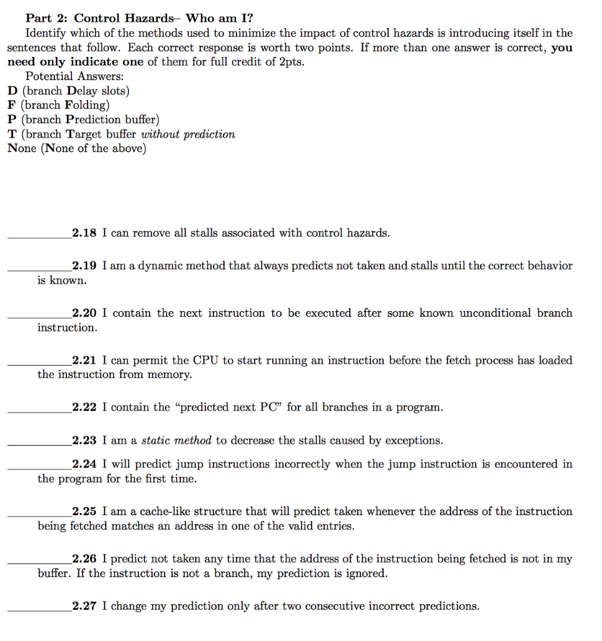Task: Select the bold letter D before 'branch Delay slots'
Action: (x=13, y=91)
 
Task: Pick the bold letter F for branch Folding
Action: (x=12, y=105)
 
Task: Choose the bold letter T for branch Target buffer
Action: (x=13, y=134)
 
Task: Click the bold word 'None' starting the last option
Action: (x=22, y=148)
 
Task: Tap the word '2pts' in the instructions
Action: (x=291, y=62)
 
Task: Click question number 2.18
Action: (x=84, y=233)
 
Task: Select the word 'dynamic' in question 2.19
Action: (x=158, y=265)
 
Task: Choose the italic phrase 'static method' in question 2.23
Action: (x=176, y=441)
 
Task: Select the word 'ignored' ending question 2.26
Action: (x=367, y=573)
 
